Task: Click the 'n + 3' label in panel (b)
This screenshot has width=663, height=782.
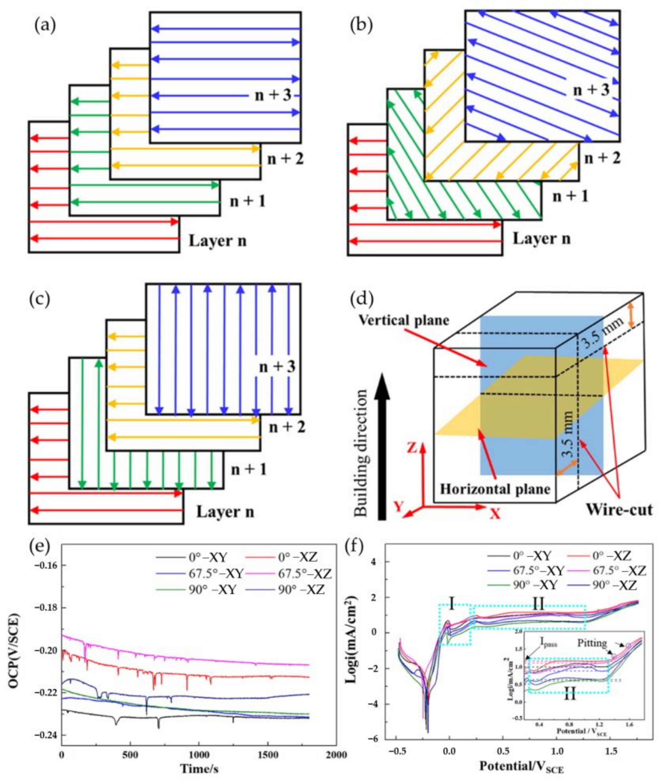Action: point(590,90)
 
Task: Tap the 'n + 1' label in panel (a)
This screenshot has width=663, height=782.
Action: point(248,202)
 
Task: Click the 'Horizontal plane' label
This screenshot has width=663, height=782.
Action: point(495,489)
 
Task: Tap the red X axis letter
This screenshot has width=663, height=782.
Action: point(496,513)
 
